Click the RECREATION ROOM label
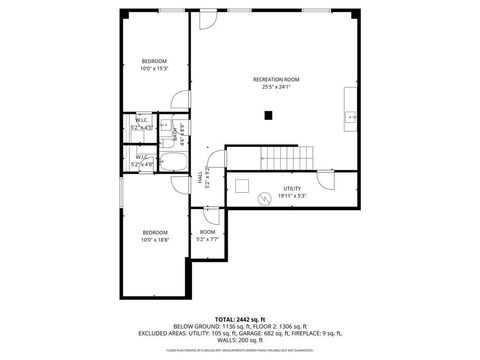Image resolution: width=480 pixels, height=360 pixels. click(276, 79)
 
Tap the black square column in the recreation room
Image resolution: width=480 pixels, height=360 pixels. click(268, 115)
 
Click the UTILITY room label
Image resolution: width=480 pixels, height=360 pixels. click(292, 187)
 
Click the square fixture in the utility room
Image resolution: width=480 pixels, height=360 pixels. click(243, 185)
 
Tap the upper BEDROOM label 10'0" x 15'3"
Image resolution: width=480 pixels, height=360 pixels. click(154, 61)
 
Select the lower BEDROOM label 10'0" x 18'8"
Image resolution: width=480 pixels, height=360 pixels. click(154, 233)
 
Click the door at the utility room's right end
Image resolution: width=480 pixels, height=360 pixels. click(326, 181)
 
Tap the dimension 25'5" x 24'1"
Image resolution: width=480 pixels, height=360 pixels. click(276, 87)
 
